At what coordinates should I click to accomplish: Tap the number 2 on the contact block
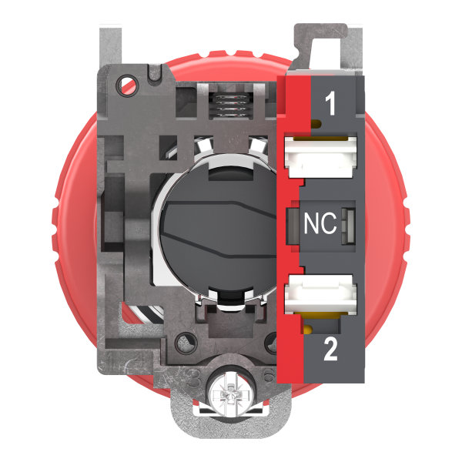[x=330, y=350]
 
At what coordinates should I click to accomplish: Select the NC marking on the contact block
[x=320, y=224]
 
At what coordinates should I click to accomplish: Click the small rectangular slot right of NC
[x=344, y=224]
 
